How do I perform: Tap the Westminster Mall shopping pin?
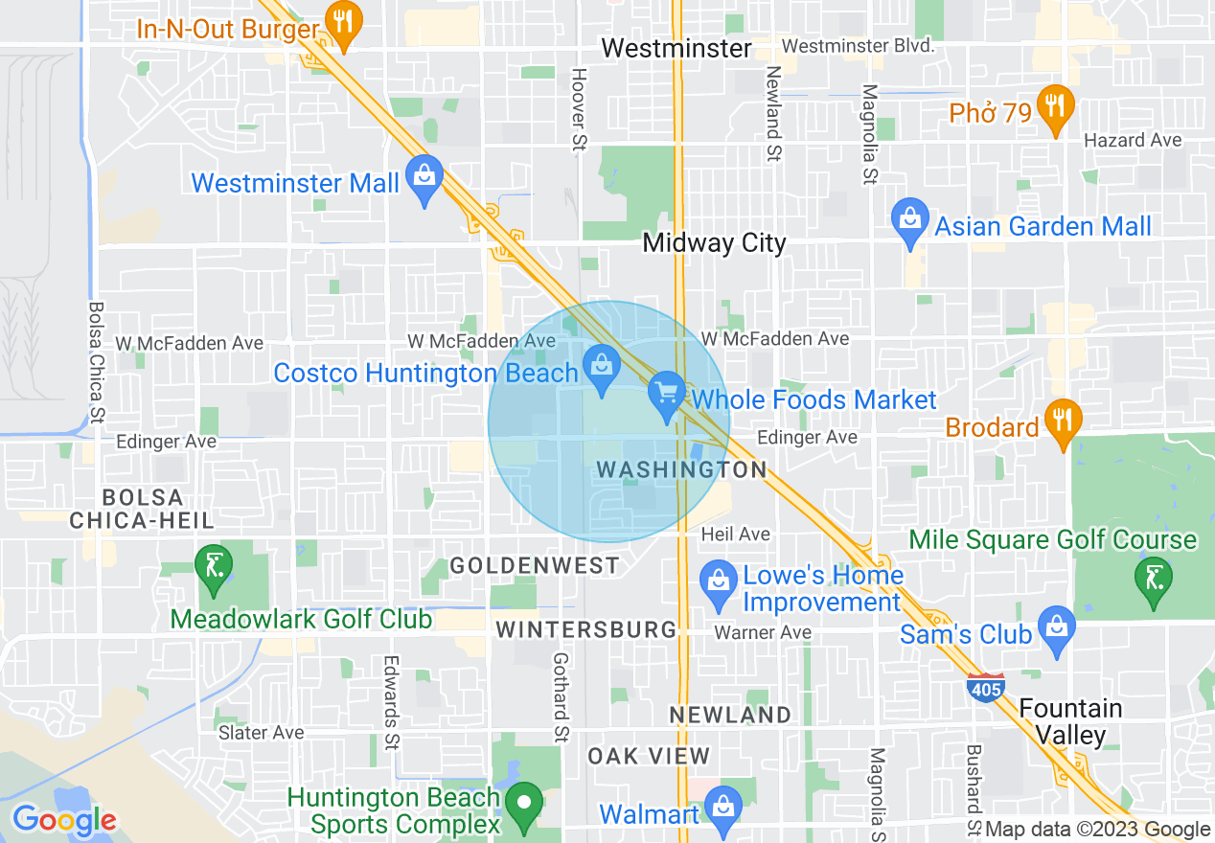[x=424, y=177]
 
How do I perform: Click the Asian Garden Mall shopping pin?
[x=908, y=220]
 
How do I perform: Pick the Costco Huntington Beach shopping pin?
[x=602, y=368]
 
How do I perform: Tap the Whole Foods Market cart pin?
[x=666, y=394]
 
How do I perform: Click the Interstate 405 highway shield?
[x=987, y=688]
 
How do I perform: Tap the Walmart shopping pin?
[x=723, y=809]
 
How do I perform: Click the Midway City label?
[x=714, y=243]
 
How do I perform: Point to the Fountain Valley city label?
[x=1070, y=721]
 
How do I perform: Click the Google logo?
[x=64, y=820]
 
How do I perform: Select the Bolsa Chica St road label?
[x=96, y=363]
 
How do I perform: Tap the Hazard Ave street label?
[x=1133, y=141]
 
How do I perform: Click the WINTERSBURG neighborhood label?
[x=586, y=629]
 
